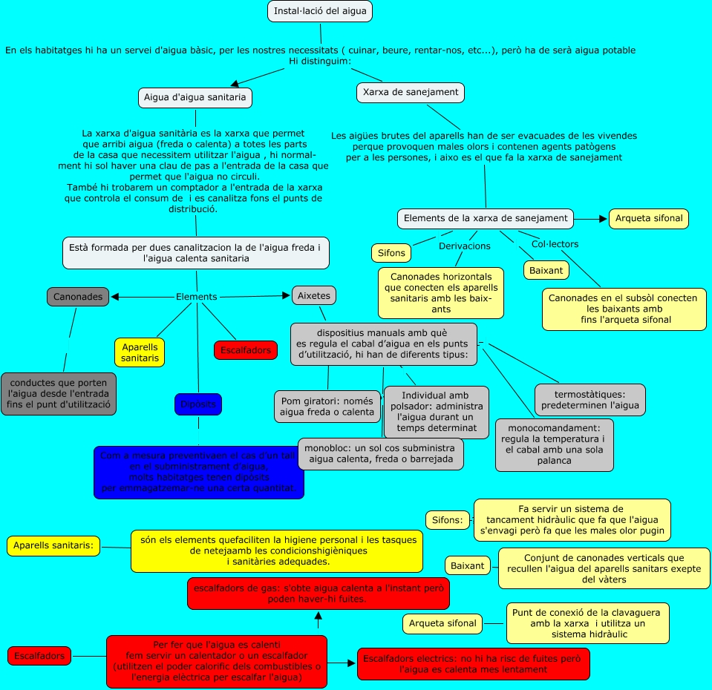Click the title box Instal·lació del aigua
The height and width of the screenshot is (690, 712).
319,12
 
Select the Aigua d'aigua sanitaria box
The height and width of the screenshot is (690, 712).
195,98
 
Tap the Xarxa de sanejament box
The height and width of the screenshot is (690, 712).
411,93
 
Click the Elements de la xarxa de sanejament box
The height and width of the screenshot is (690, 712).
486,219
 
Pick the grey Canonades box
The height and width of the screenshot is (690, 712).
78,297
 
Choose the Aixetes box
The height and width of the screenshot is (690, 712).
313,295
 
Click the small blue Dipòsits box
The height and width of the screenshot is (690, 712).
198,404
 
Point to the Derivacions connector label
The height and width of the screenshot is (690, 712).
465,246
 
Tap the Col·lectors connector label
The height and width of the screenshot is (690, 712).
555,244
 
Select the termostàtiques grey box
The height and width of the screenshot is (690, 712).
589,400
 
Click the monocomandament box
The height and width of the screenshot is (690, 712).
554,444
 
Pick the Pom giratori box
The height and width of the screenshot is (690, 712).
327,407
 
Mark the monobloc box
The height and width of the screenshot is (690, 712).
381,454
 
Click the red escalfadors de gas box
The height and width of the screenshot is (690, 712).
319,594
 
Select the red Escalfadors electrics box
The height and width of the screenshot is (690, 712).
473,663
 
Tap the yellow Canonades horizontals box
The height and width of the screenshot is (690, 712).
441,292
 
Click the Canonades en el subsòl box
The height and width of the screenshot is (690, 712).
623,309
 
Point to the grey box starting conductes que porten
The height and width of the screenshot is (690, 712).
59,393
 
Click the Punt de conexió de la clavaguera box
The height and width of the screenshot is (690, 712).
587,623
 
